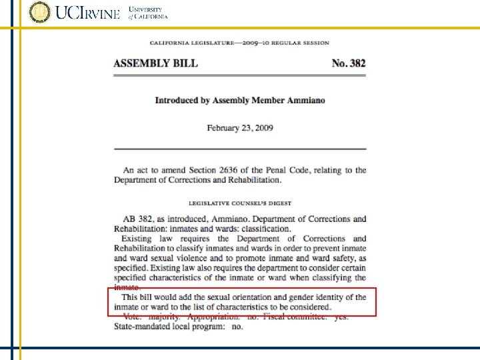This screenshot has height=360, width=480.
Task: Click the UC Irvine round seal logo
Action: [x=39, y=13]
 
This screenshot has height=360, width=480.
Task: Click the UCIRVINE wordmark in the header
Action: [x=88, y=13]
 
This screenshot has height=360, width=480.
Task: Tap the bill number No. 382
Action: [x=349, y=63]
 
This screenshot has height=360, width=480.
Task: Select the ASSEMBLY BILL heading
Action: [x=155, y=63]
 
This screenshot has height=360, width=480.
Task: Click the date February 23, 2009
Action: [x=240, y=127]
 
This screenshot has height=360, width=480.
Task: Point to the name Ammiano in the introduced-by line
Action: [x=306, y=101]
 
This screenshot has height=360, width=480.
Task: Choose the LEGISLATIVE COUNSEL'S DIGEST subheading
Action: [x=240, y=203]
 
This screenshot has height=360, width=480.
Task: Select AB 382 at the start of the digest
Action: [x=137, y=219]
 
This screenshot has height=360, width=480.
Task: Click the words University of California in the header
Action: [x=147, y=13]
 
